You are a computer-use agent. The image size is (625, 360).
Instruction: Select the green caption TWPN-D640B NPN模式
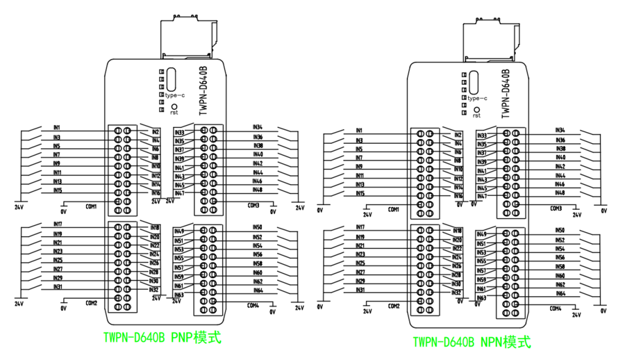click(472, 342)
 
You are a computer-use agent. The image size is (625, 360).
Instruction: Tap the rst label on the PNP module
click(174, 112)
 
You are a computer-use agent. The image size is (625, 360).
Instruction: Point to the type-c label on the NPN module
click(477, 99)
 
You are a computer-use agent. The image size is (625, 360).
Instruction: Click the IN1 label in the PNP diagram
click(56, 128)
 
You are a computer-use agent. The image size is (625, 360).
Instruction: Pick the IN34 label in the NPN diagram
click(560, 130)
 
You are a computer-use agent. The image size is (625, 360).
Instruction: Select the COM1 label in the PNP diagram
click(91, 206)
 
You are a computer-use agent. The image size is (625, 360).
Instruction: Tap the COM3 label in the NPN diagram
click(556, 208)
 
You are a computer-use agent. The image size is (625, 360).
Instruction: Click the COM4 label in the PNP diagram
click(252, 305)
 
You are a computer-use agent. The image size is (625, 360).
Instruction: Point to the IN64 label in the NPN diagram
click(560, 293)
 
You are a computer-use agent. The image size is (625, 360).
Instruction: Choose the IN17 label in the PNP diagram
click(58, 224)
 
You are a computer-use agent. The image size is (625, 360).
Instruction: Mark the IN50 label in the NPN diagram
click(560, 230)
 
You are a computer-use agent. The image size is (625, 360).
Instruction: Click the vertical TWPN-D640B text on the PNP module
click(203, 90)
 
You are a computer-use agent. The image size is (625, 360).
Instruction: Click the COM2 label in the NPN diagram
click(394, 306)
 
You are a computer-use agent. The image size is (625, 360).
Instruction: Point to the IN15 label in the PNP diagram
click(58, 190)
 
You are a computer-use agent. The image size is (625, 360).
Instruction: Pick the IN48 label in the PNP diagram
click(258, 190)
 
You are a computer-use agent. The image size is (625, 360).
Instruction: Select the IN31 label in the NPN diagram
click(360, 289)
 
